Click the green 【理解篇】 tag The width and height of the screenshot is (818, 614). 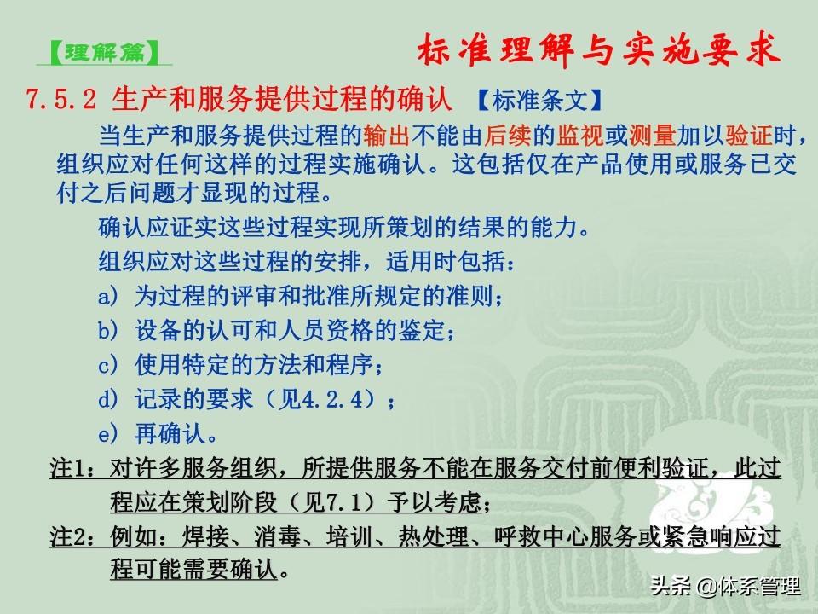coord(104,53)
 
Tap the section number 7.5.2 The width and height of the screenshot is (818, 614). coord(61,99)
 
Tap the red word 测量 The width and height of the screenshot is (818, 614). coord(652,136)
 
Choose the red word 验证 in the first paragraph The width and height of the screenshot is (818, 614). coord(748,136)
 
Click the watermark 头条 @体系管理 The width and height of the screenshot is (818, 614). coord(725,586)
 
